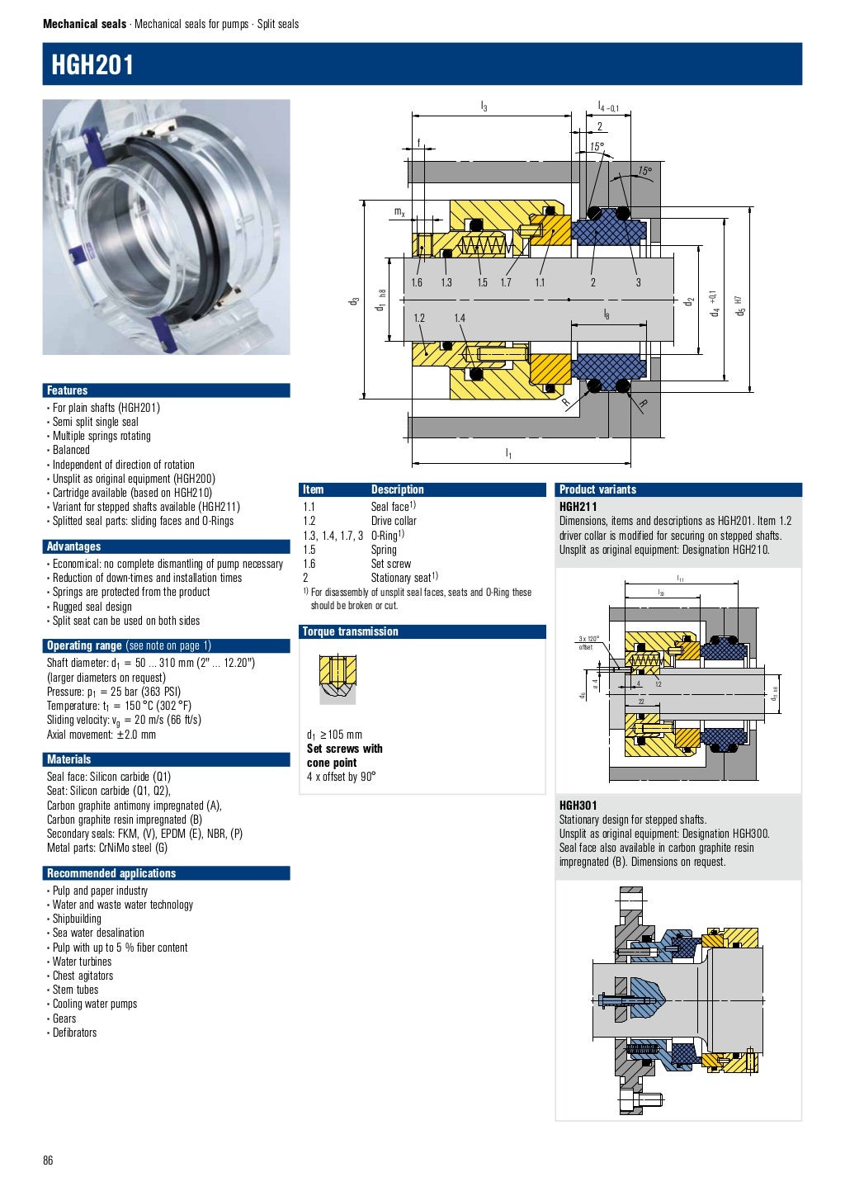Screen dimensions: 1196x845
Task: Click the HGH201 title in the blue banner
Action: click(x=92, y=64)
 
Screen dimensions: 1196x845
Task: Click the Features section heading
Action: click(x=67, y=390)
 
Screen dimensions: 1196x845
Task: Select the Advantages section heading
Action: click(x=73, y=546)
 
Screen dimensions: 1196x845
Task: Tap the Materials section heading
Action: click(x=68, y=759)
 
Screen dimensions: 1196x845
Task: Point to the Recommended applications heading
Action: click(x=111, y=873)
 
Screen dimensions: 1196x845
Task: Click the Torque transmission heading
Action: click(x=350, y=631)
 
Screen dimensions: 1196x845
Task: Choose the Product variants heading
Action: click(x=597, y=489)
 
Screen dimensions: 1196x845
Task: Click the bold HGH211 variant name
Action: click(x=578, y=507)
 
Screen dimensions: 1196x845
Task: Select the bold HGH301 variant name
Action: click(x=578, y=806)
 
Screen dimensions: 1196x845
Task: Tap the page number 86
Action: click(x=48, y=1161)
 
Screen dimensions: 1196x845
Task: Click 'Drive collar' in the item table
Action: click(x=394, y=521)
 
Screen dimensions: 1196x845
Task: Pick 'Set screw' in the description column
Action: click(x=390, y=564)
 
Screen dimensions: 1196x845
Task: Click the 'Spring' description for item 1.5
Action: click(x=384, y=550)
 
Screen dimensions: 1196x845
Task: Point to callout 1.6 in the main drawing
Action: click(x=417, y=283)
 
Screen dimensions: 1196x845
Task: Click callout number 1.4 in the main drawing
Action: click(x=460, y=318)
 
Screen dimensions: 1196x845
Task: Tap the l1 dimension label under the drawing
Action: click(x=508, y=453)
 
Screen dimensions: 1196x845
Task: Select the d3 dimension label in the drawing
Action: click(x=355, y=302)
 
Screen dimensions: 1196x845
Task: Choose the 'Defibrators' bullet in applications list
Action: click(x=74, y=1033)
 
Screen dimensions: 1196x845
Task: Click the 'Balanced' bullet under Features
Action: click(x=71, y=450)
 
